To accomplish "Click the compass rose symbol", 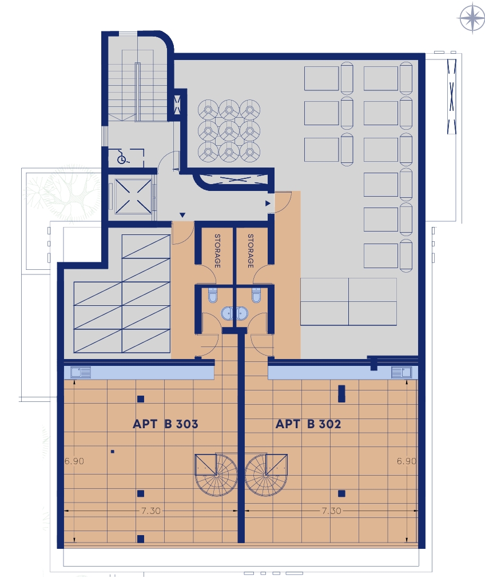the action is pyautogui.click(x=472, y=18).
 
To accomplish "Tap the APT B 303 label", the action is pyautogui.click(x=165, y=424).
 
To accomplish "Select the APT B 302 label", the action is pyautogui.click(x=308, y=424).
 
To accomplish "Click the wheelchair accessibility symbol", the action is pyautogui.click(x=122, y=158).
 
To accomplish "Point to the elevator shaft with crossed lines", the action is pyautogui.click(x=133, y=196).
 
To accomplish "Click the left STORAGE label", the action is pyautogui.click(x=217, y=250).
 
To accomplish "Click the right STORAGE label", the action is pyautogui.click(x=251, y=250).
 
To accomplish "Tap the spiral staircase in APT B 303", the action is pyautogui.click(x=216, y=475).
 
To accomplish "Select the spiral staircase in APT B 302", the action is pyautogui.click(x=267, y=475).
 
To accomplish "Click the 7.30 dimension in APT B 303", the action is pyautogui.click(x=151, y=511).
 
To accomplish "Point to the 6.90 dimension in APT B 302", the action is pyautogui.click(x=406, y=461).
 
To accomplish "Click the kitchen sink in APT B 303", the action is pyautogui.click(x=81, y=372).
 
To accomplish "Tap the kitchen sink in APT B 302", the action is pyautogui.click(x=401, y=372).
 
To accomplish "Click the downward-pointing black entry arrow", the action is pyautogui.click(x=182, y=215).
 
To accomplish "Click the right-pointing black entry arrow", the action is pyautogui.click(x=268, y=204).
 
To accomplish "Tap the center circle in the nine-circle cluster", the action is pyautogui.click(x=229, y=131).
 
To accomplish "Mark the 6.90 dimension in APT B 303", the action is pyautogui.click(x=74, y=461).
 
